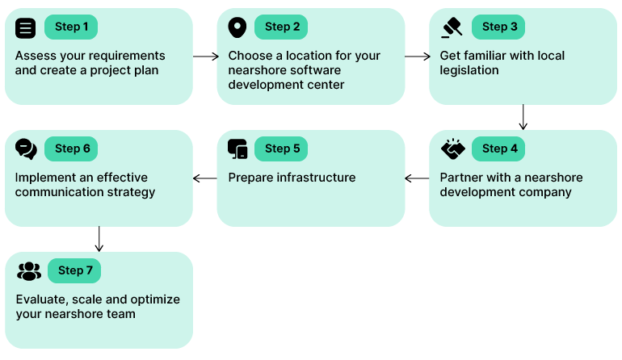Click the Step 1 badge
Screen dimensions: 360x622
coord(71,27)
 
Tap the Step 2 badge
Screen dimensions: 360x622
coord(281,27)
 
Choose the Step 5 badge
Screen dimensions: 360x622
coord(281,149)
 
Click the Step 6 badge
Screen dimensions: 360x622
coord(71,149)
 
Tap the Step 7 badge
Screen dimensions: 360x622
coord(74,270)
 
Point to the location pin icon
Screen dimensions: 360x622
coord(237,27)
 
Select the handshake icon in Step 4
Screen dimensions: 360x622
coord(452,149)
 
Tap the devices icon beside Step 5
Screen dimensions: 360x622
coord(237,149)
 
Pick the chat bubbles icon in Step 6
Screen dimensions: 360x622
coord(27,149)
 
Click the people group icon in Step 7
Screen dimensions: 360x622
coord(29,270)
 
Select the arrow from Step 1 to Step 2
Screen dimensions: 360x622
coord(205,57)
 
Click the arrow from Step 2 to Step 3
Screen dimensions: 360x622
coord(417,57)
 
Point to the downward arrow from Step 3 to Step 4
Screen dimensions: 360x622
coord(523,117)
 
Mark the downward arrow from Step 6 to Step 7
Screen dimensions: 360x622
coord(99,239)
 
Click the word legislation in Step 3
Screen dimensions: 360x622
coord(469,70)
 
